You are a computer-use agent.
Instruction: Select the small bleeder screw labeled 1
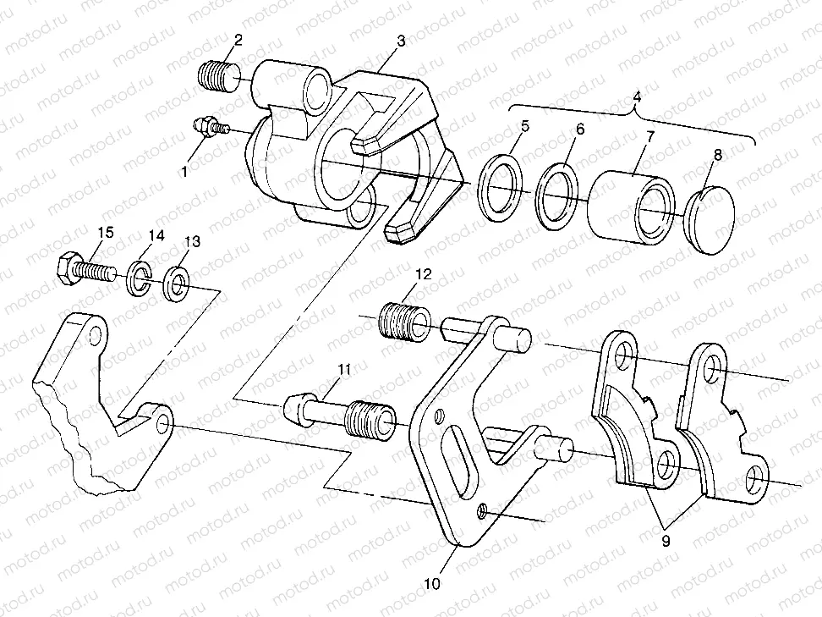(209, 128)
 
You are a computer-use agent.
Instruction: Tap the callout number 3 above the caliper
(399, 41)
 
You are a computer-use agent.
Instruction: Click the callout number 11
(343, 369)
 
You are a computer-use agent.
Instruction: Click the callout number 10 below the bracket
(432, 583)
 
